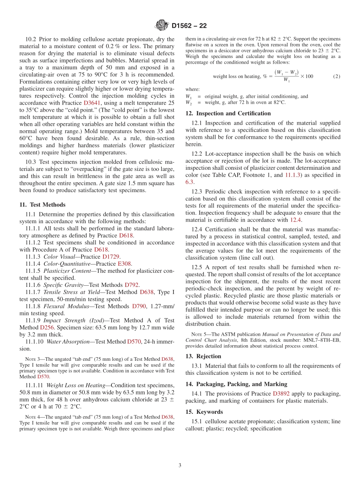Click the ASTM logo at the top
162,26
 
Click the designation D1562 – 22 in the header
189,26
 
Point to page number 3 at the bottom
180,465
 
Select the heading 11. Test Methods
42,205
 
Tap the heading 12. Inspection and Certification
228,113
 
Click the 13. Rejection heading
203,356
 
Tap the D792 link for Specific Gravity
132,285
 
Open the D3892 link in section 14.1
281,393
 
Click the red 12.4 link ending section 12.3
296,220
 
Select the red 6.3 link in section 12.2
189,182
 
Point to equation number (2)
337,76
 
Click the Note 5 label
194,335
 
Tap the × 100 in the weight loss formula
307,76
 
